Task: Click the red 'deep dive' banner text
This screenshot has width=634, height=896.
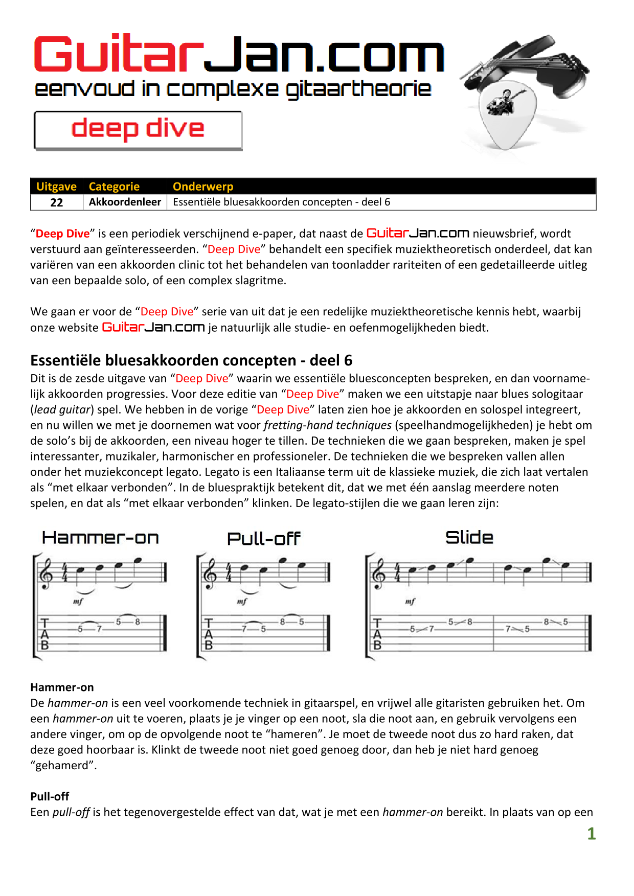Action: pos(138,128)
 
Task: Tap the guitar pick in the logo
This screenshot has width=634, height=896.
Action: pos(506,115)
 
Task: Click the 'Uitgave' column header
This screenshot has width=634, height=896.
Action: pos(56,187)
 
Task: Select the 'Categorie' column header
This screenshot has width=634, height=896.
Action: pos(114,187)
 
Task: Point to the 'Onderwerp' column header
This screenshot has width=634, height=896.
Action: pos(203,187)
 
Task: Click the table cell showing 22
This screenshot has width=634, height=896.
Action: pos(56,202)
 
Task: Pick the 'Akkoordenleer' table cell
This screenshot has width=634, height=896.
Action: pos(125,202)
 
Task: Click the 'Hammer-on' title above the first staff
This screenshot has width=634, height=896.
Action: pos(100,538)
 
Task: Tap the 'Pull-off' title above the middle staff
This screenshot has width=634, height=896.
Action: pos(263,539)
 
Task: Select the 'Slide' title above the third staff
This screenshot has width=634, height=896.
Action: pos(469,538)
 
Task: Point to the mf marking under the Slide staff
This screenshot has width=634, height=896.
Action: pos(410,602)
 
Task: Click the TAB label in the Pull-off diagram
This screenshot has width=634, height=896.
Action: pos(209,634)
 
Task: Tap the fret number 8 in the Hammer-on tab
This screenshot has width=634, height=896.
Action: pos(138,622)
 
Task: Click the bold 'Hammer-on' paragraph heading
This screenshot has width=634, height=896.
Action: pos(62,687)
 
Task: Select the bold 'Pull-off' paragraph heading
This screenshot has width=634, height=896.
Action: pos(50,796)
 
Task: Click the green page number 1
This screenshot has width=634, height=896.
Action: pos(592,834)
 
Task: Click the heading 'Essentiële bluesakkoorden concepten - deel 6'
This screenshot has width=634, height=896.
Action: pos(191,361)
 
